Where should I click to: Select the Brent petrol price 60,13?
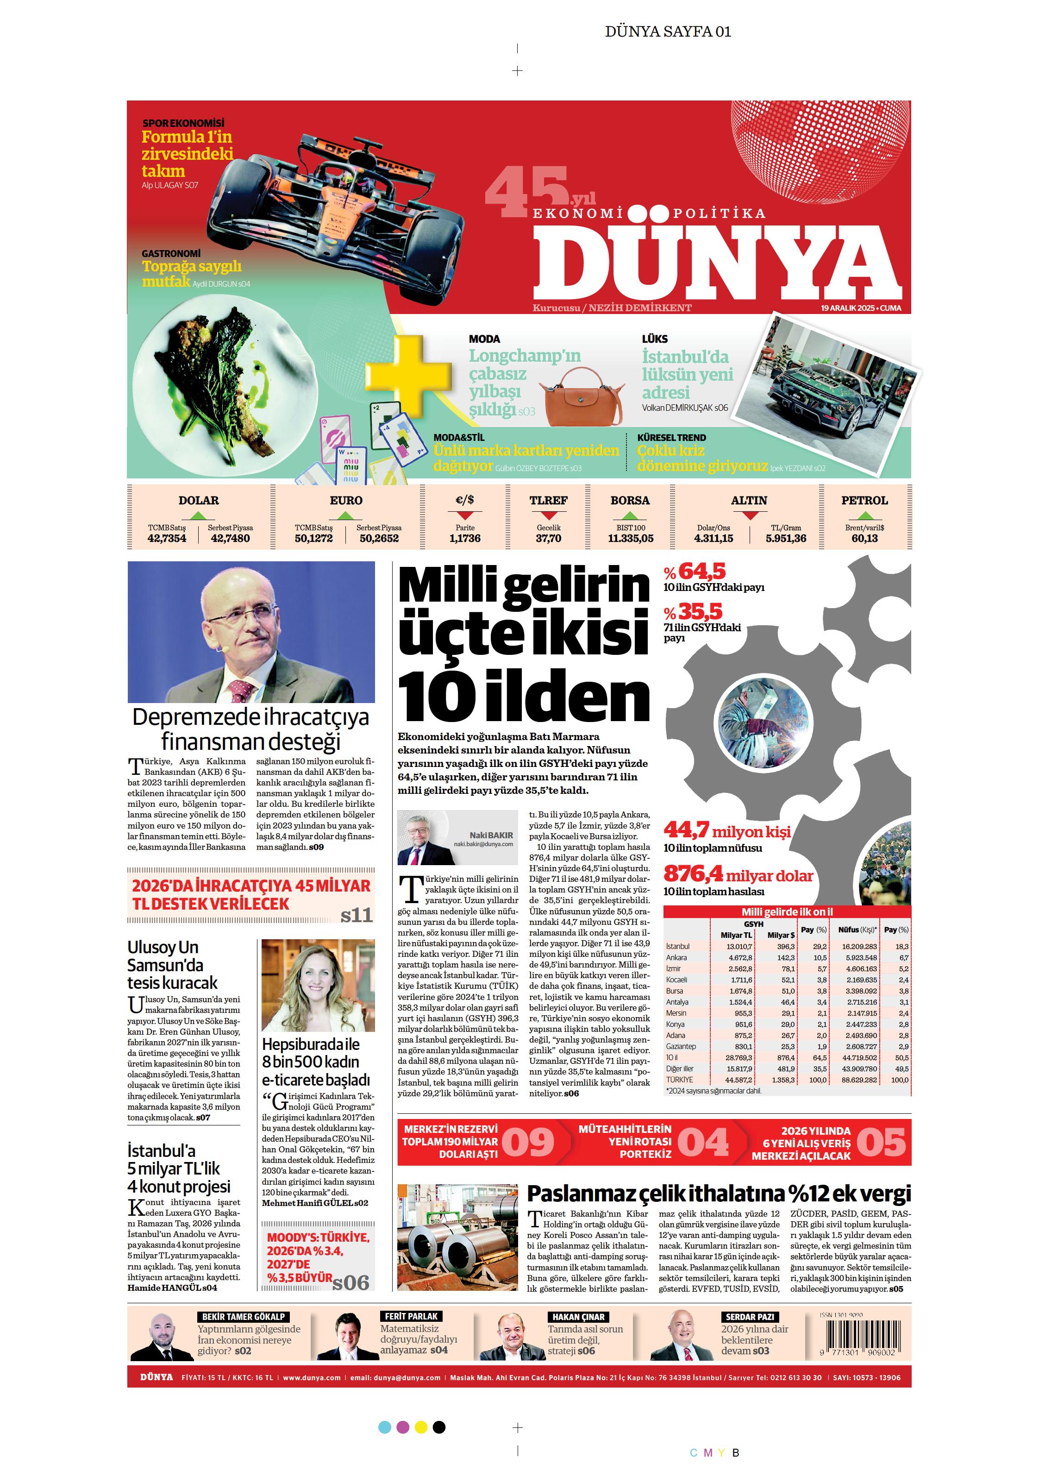pos(864,539)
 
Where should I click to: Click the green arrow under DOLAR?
pos(199,515)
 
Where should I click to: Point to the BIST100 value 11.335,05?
pos(631,539)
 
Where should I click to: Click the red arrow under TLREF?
pos(548,515)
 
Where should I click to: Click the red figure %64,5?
pos(695,571)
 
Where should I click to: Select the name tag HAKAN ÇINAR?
pos(578,1317)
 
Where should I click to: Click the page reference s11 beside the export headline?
pos(356,915)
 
